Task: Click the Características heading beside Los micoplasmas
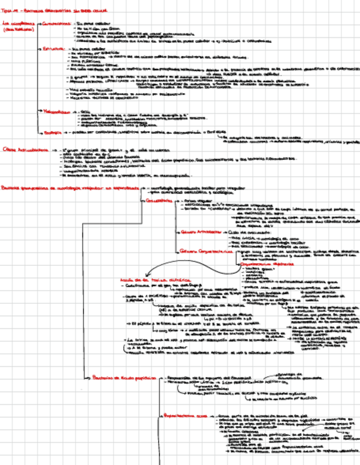point(56,25)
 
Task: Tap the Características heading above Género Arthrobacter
point(159,201)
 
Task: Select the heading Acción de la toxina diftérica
point(149,280)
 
